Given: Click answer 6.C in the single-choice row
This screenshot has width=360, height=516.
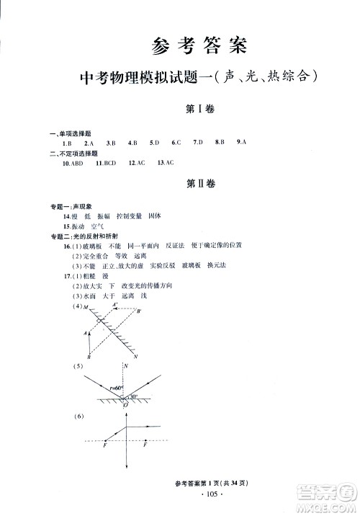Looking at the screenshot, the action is click(176, 143).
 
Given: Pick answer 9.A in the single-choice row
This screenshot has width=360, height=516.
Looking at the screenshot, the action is click(241, 143).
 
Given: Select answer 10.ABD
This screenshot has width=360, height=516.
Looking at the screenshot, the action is click(73, 164).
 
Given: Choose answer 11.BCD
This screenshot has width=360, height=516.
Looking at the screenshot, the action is click(105, 164).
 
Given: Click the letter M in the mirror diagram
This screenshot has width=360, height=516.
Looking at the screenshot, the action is click(85, 307).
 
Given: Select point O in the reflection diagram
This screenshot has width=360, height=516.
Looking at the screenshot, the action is click(125, 406).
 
